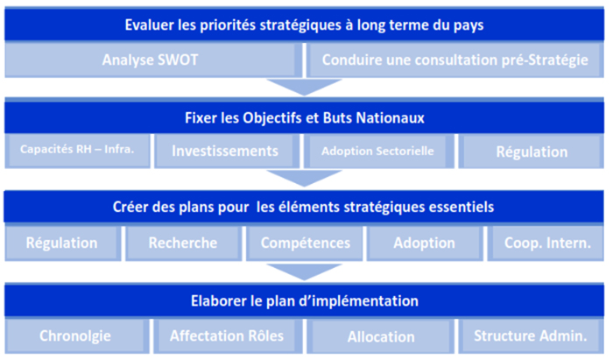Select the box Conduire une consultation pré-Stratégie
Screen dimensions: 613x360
pos(455,60)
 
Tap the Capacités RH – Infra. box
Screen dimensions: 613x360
pos(77,151)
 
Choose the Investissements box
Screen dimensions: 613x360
pos(227,151)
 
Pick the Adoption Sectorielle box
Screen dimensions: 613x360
pos(379,151)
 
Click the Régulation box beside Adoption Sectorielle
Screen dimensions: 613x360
pos(532,151)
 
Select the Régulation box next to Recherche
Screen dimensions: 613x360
pos(63,243)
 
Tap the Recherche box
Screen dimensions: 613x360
pos(183,243)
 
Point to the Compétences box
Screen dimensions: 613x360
pos(305,243)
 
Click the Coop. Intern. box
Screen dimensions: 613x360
pos(546,243)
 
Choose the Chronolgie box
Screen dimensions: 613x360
pos(77,336)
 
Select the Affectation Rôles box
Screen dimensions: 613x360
pos(228,336)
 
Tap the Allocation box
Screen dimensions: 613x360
pos(380,336)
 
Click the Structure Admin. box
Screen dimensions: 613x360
pos(532,336)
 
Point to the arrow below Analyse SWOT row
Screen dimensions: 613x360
pos(304,87)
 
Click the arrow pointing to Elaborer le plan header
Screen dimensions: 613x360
pos(304,272)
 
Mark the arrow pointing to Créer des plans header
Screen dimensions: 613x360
pos(304,178)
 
